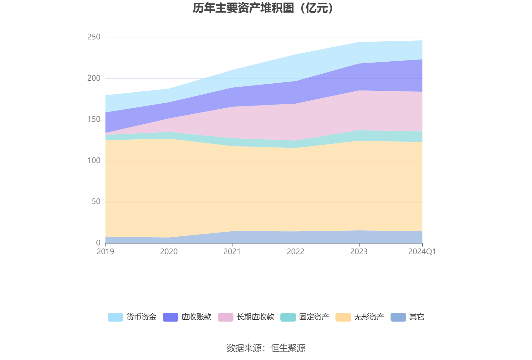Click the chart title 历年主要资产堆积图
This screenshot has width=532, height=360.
pos(264,8)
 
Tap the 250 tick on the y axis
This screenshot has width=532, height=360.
pos(94,37)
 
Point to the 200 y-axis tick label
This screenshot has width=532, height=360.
pos(94,78)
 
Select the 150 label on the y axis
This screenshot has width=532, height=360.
pos(94,119)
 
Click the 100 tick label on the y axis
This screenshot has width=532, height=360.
pos(94,161)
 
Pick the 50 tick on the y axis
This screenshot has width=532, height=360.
pos(96,202)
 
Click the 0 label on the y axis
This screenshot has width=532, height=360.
pos(98,243)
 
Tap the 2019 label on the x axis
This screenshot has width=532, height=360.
pos(105,252)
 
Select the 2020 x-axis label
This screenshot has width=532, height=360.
pos(169,252)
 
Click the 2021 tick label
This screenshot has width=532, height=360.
pos(232,252)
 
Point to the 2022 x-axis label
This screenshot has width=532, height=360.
pos(295,252)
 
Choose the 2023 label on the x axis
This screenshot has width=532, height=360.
pos(359,252)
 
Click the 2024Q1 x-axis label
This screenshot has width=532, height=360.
pos(422,252)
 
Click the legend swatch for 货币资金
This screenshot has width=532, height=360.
pos(115,317)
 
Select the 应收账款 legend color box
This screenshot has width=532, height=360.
pos(171,317)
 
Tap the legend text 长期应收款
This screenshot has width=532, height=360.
pos(255,317)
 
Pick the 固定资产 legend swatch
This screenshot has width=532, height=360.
pos(288,317)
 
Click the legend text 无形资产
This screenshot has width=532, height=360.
pos(369,317)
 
